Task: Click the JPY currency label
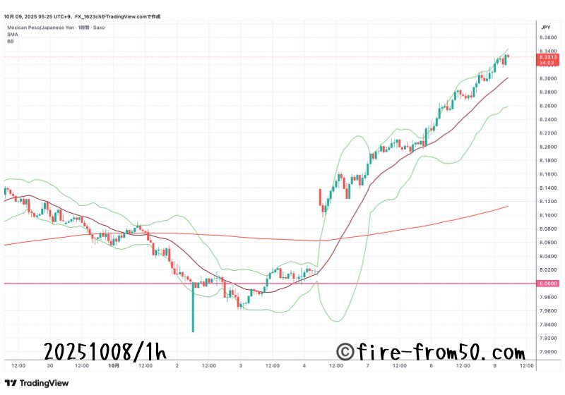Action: (545, 27)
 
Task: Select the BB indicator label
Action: (11, 41)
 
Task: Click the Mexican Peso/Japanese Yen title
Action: (35, 28)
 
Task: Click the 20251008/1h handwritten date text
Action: (105, 351)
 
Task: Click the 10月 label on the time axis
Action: (114, 366)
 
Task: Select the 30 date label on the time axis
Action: (49, 366)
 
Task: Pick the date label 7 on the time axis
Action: (368, 366)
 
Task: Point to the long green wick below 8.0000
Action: (193, 310)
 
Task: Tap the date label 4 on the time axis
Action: (304, 366)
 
